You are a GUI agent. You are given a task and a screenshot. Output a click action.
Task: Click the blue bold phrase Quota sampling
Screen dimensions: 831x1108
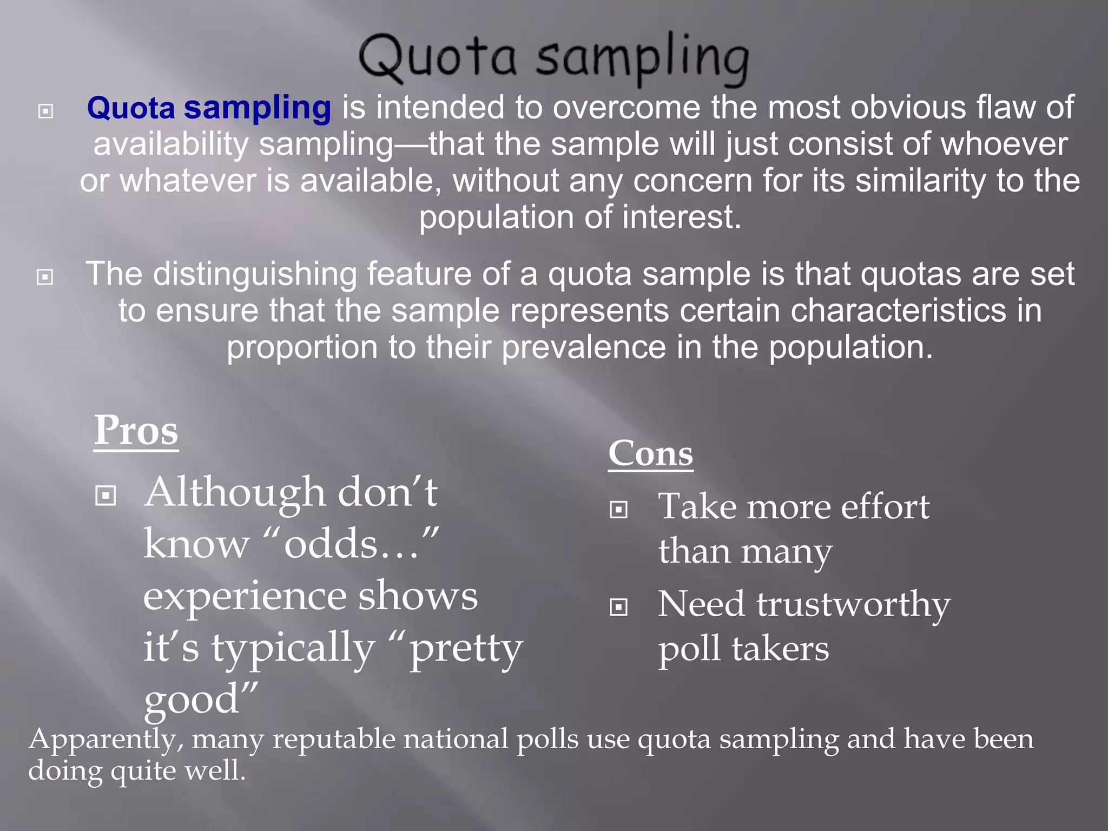click(209, 107)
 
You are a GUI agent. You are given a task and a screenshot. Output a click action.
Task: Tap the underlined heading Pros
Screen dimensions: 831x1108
click(136, 431)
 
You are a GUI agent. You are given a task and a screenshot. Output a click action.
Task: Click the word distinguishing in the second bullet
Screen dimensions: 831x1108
click(254, 274)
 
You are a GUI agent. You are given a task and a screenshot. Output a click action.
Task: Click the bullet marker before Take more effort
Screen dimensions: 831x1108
click(618, 510)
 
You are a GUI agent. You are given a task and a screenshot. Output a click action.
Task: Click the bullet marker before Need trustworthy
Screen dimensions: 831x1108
click(618, 607)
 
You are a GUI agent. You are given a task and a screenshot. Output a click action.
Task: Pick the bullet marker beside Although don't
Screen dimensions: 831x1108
click(105, 495)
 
